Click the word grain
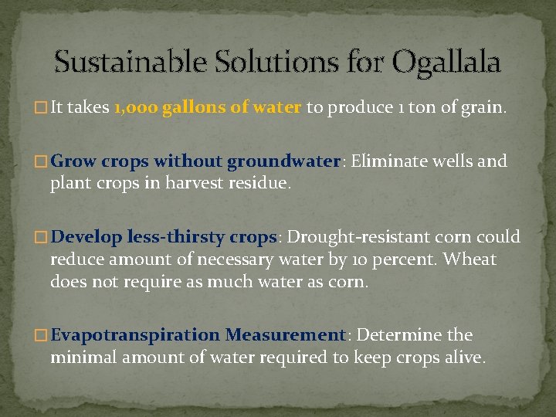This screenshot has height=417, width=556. pos(482,108)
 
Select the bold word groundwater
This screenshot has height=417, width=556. pos(283,161)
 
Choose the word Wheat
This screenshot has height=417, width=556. pos(472,259)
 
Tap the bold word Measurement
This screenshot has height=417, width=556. pos(285,334)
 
